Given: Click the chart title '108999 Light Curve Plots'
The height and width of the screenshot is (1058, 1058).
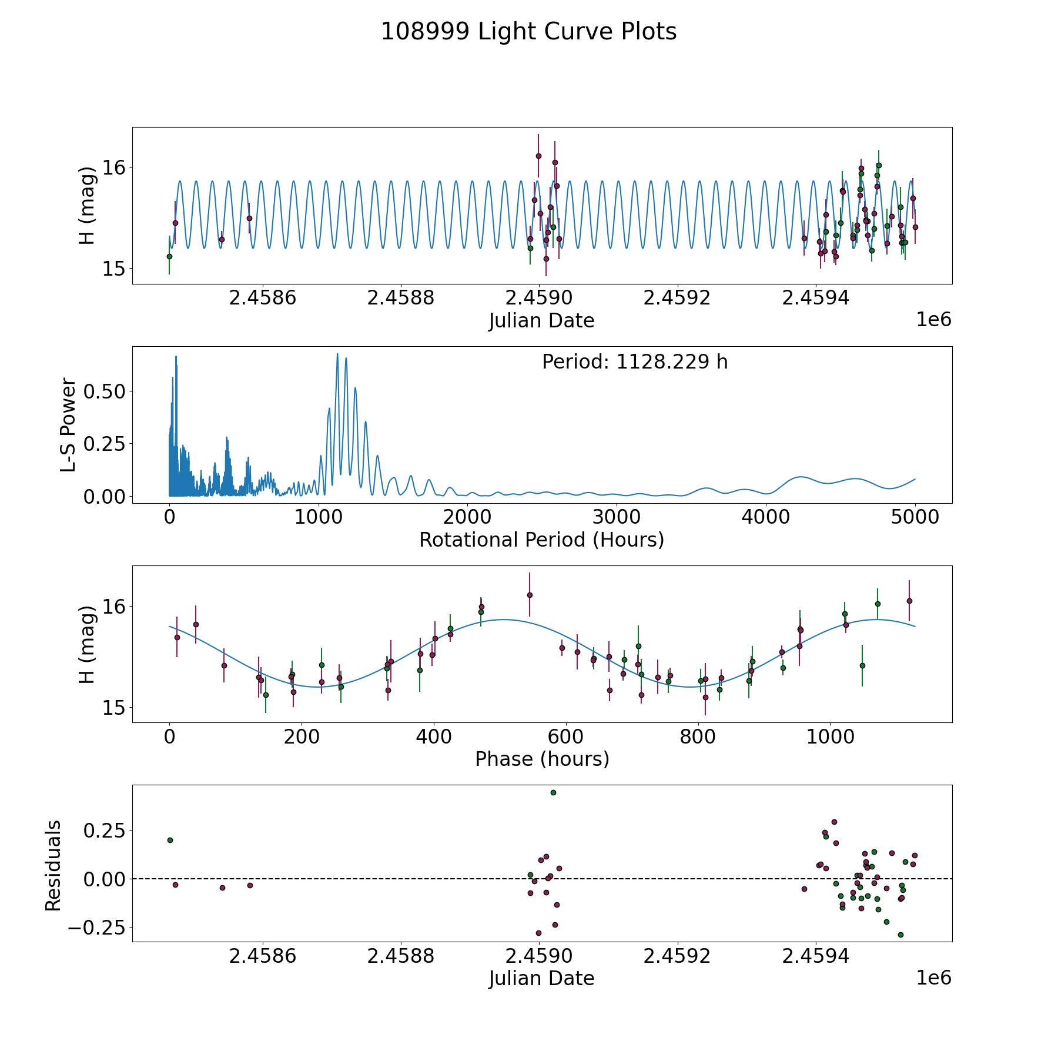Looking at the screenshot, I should [528, 32].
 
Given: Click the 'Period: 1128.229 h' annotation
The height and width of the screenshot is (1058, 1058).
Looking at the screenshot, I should [635, 362].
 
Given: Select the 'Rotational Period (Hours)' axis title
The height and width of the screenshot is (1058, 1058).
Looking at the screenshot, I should [541, 540].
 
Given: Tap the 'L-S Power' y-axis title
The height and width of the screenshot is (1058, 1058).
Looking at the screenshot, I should [68, 425].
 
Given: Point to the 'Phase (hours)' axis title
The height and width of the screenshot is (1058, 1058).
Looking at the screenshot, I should [542, 759].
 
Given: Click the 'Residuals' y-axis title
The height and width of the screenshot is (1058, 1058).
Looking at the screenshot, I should [53, 865].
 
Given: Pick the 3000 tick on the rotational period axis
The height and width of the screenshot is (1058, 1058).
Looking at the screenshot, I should [617, 517].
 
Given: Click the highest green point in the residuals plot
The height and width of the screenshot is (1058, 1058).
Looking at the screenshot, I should [553, 792].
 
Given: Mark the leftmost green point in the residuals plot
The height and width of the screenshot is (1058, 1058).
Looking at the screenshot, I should [170, 840].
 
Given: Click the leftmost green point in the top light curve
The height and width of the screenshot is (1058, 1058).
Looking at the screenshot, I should [169, 256].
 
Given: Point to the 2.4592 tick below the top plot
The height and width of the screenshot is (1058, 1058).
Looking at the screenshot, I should [677, 298].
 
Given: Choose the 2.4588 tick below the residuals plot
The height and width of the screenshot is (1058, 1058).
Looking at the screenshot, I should [400, 956].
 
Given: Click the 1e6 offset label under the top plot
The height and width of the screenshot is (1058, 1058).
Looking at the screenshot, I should [933, 320].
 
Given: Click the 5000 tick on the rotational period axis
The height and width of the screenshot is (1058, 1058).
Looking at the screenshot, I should [915, 517].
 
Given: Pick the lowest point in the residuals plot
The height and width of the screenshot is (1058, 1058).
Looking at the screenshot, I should [900, 935].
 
